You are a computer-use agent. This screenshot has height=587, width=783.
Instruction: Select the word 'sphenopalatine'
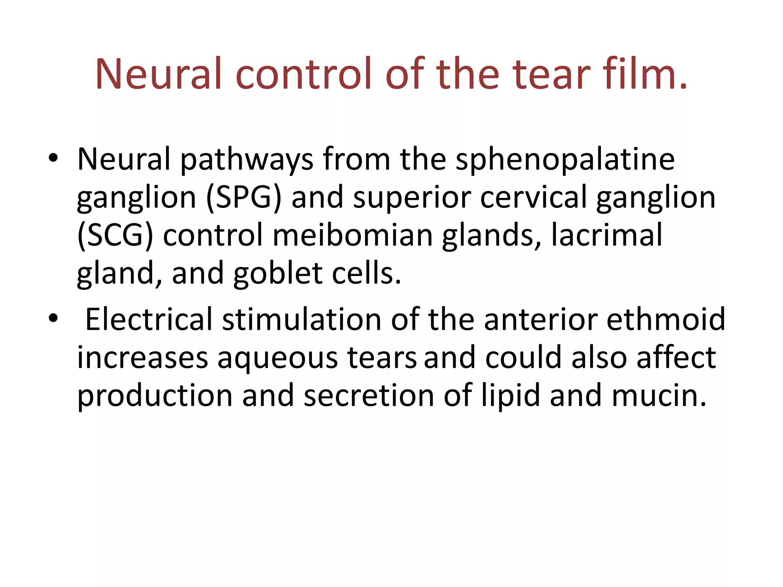(x=565, y=160)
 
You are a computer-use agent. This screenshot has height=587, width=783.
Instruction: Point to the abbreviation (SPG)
(x=244, y=198)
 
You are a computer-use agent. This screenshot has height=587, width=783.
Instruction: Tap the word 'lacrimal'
(x=607, y=235)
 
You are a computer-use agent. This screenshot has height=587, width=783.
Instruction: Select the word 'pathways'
(x=247, y=160)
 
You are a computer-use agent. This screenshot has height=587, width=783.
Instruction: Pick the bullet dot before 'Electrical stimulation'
(x=53, y=318)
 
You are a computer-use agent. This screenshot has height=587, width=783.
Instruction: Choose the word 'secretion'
(x=369, y=396)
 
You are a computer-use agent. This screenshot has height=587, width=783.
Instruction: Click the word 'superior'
(x=412, y=198)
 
